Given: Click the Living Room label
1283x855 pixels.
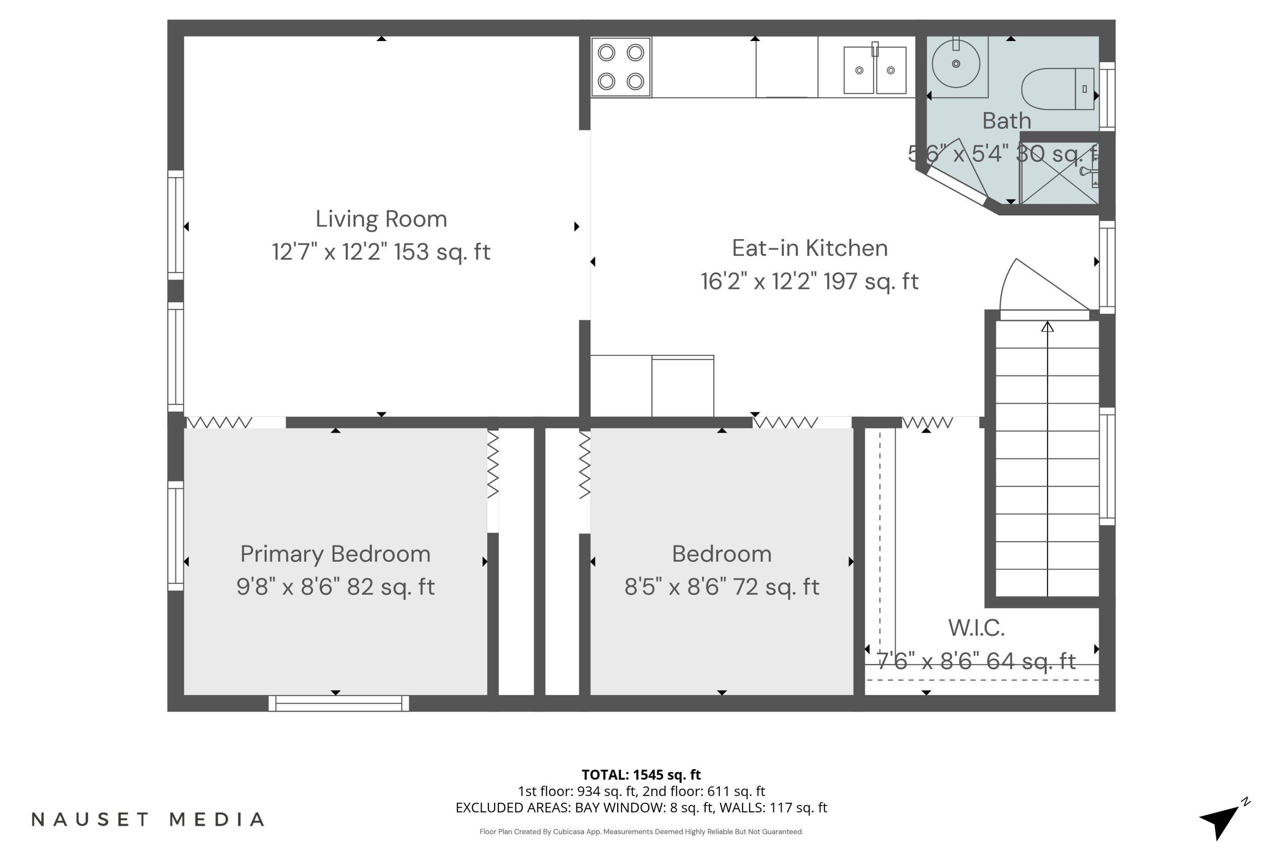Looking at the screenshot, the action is (381, 219).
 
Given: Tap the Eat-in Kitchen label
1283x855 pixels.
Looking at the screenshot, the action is (810, 248).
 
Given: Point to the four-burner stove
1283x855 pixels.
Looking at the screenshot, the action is (621, 67).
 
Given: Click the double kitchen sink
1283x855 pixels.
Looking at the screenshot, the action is (875, 70).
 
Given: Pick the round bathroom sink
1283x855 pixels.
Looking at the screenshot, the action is (956, 64).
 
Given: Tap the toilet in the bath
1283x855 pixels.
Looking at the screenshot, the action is (1058, 89).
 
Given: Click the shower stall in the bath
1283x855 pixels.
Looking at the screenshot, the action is (1059, 173).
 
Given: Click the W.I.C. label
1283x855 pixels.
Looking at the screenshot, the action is (976, 628).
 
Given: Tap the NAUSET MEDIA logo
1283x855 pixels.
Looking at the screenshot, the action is (148, 820).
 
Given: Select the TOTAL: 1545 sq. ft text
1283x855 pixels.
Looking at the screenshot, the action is (641, 775).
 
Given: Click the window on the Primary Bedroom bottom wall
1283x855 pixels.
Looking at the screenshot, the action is (339, 703).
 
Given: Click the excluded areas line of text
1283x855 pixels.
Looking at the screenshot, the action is (641, 808).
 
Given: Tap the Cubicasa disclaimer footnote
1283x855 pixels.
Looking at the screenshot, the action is (641, 831).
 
